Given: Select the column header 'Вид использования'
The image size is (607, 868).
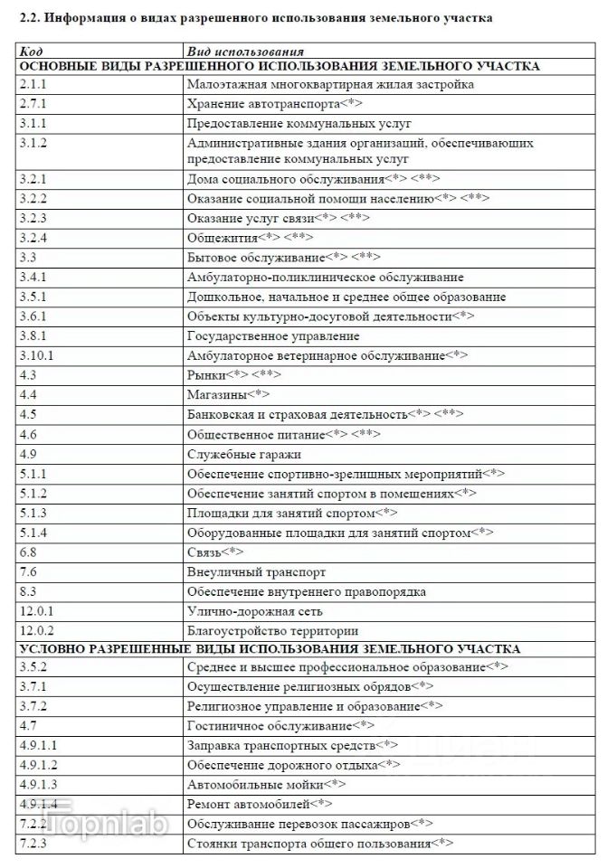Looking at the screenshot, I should (x=244, y=52).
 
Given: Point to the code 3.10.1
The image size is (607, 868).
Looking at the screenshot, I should (x=37, y=355).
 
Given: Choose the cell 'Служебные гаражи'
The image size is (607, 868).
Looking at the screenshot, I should (x=243, y=454).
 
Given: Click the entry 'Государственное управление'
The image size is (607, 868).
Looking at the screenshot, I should (x=272, y=336).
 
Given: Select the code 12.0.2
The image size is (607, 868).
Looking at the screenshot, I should (x=37, y=630).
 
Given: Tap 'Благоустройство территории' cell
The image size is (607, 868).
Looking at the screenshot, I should (x=272, y=630).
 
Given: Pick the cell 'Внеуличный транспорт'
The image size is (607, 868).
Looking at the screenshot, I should (x=256, y=571).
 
